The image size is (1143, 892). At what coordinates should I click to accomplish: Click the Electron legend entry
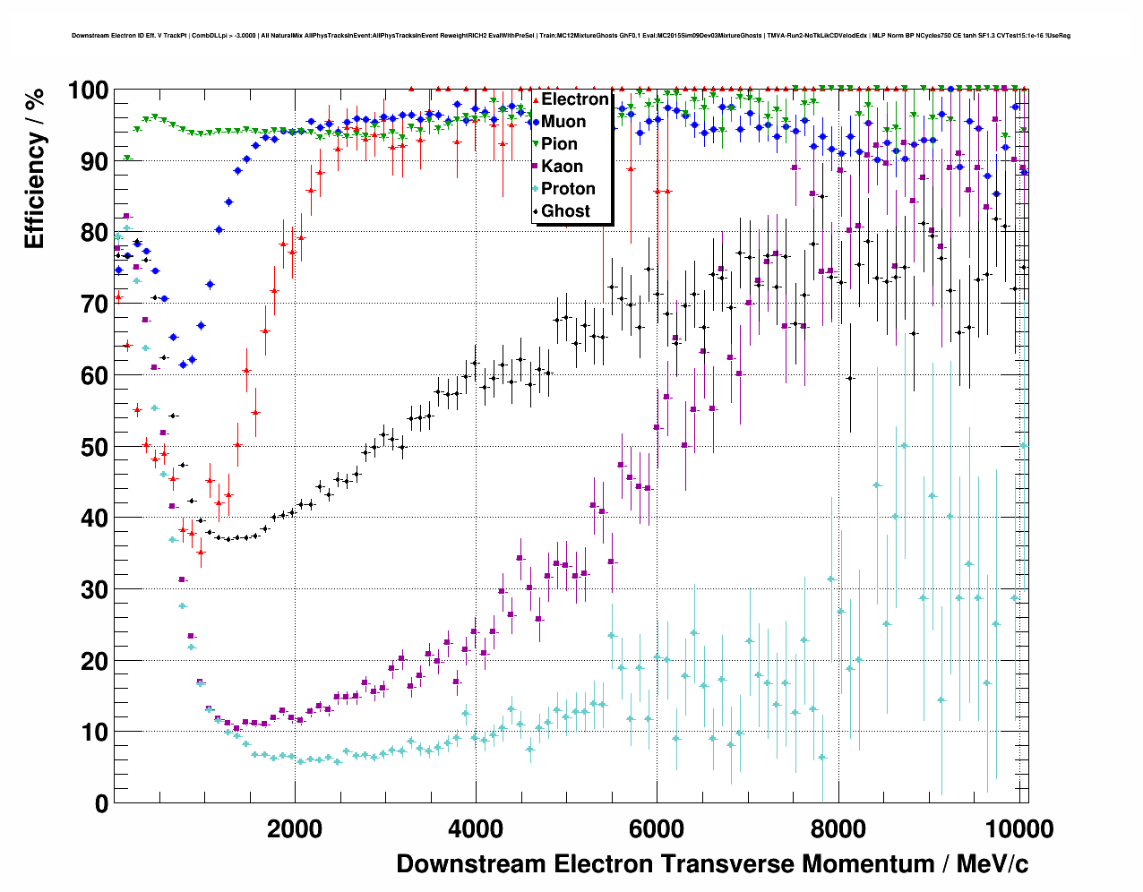pos(574,99)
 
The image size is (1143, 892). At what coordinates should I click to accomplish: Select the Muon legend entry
pos(563,122)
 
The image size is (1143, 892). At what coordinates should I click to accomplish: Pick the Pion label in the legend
pos(559,144)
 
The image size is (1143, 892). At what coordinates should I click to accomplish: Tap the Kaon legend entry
pos(562,167)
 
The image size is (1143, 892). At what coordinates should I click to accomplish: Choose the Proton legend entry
pos(568,189)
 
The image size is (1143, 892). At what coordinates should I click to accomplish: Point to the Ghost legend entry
pos(565,211)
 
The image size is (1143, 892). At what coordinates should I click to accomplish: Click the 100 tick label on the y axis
pos(89,90)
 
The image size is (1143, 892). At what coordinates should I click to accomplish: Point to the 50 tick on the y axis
pos(95,447)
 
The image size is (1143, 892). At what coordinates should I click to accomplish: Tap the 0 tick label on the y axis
pos(101,803)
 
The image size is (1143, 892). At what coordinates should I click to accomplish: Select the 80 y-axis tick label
pos(95,233)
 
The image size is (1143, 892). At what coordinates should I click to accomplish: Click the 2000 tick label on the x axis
pos(295,829)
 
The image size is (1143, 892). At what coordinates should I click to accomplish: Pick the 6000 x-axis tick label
pos(657,829)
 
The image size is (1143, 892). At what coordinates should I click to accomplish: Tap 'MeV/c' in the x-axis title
pos(993,864)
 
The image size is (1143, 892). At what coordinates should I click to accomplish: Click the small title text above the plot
pos(571,36)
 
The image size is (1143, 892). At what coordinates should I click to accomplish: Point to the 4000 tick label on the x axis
pos(476,829)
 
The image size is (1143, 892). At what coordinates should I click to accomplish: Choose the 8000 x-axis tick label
pos(838,829)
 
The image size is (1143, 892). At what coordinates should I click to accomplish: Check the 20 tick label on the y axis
pos(95,661)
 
